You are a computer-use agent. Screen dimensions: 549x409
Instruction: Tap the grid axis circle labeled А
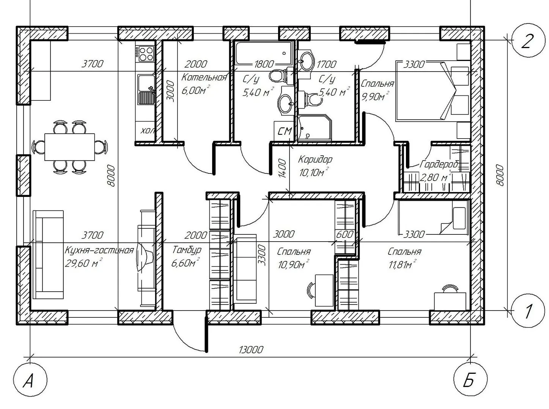point(30,380)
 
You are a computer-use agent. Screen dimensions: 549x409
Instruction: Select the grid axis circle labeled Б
point(470,380)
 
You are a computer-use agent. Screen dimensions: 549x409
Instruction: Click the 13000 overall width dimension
point(251,350)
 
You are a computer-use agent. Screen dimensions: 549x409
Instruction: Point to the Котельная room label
point(204,77)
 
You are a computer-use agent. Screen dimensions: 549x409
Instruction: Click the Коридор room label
point(315,159)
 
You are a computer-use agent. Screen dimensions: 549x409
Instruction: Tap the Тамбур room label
point(187,250)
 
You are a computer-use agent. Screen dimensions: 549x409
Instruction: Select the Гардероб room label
point(439,164)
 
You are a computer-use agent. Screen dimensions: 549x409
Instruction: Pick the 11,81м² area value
point(403,264)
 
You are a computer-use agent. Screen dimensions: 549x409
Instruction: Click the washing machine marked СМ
point(284,131)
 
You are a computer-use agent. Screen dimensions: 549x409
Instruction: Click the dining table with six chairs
point(69,147)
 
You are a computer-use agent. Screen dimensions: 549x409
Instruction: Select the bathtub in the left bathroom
point(264,53)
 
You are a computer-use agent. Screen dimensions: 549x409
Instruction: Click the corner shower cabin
point(315,128)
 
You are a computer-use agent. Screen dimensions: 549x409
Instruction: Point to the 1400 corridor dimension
point(282,168)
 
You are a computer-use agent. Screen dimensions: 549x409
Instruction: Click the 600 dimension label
point(345,234)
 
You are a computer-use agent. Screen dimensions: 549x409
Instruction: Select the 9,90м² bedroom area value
point(375,96)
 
